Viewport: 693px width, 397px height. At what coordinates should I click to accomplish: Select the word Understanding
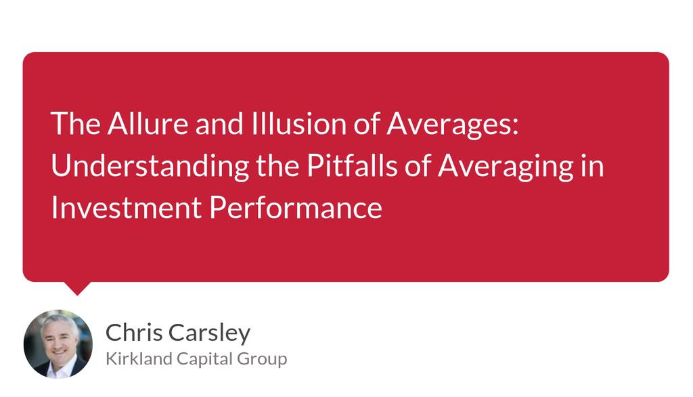(150, 166)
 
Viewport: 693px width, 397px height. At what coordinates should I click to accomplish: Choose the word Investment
(126, 207)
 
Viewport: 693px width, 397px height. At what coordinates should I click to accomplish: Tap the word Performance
(296, 207)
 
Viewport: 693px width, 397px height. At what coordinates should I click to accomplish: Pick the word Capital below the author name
(201, 358)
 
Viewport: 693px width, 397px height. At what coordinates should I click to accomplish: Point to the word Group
(263, 358)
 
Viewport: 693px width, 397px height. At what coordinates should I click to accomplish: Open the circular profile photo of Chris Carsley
(58, 343)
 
